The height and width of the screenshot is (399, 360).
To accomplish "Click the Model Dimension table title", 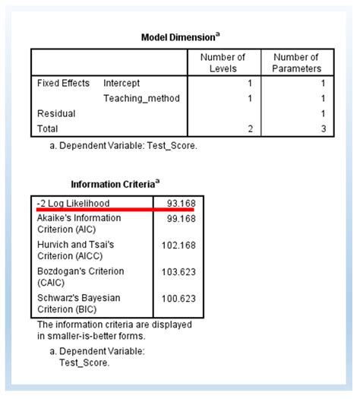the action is tap(179, 37).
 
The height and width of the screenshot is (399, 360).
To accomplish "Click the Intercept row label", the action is tap(122, 83).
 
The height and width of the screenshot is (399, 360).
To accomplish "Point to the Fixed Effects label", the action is tap(63, 83).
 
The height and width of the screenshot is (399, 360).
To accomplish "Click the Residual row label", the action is tap(54, 113).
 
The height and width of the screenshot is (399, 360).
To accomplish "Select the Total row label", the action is tap(47, 128).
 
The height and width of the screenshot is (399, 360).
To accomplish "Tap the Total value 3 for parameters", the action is tap(322, 128).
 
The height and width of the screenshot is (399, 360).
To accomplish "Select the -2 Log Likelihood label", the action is tap(73, 203).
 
